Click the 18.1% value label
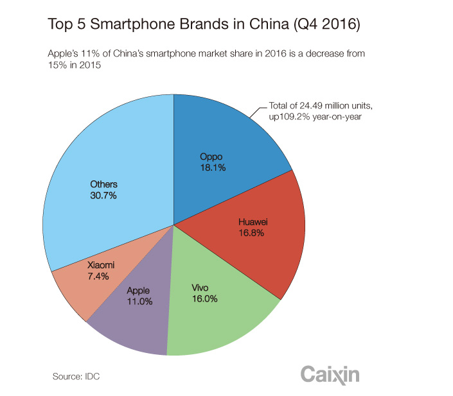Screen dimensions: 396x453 213,168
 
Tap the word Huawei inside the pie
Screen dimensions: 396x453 248,223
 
